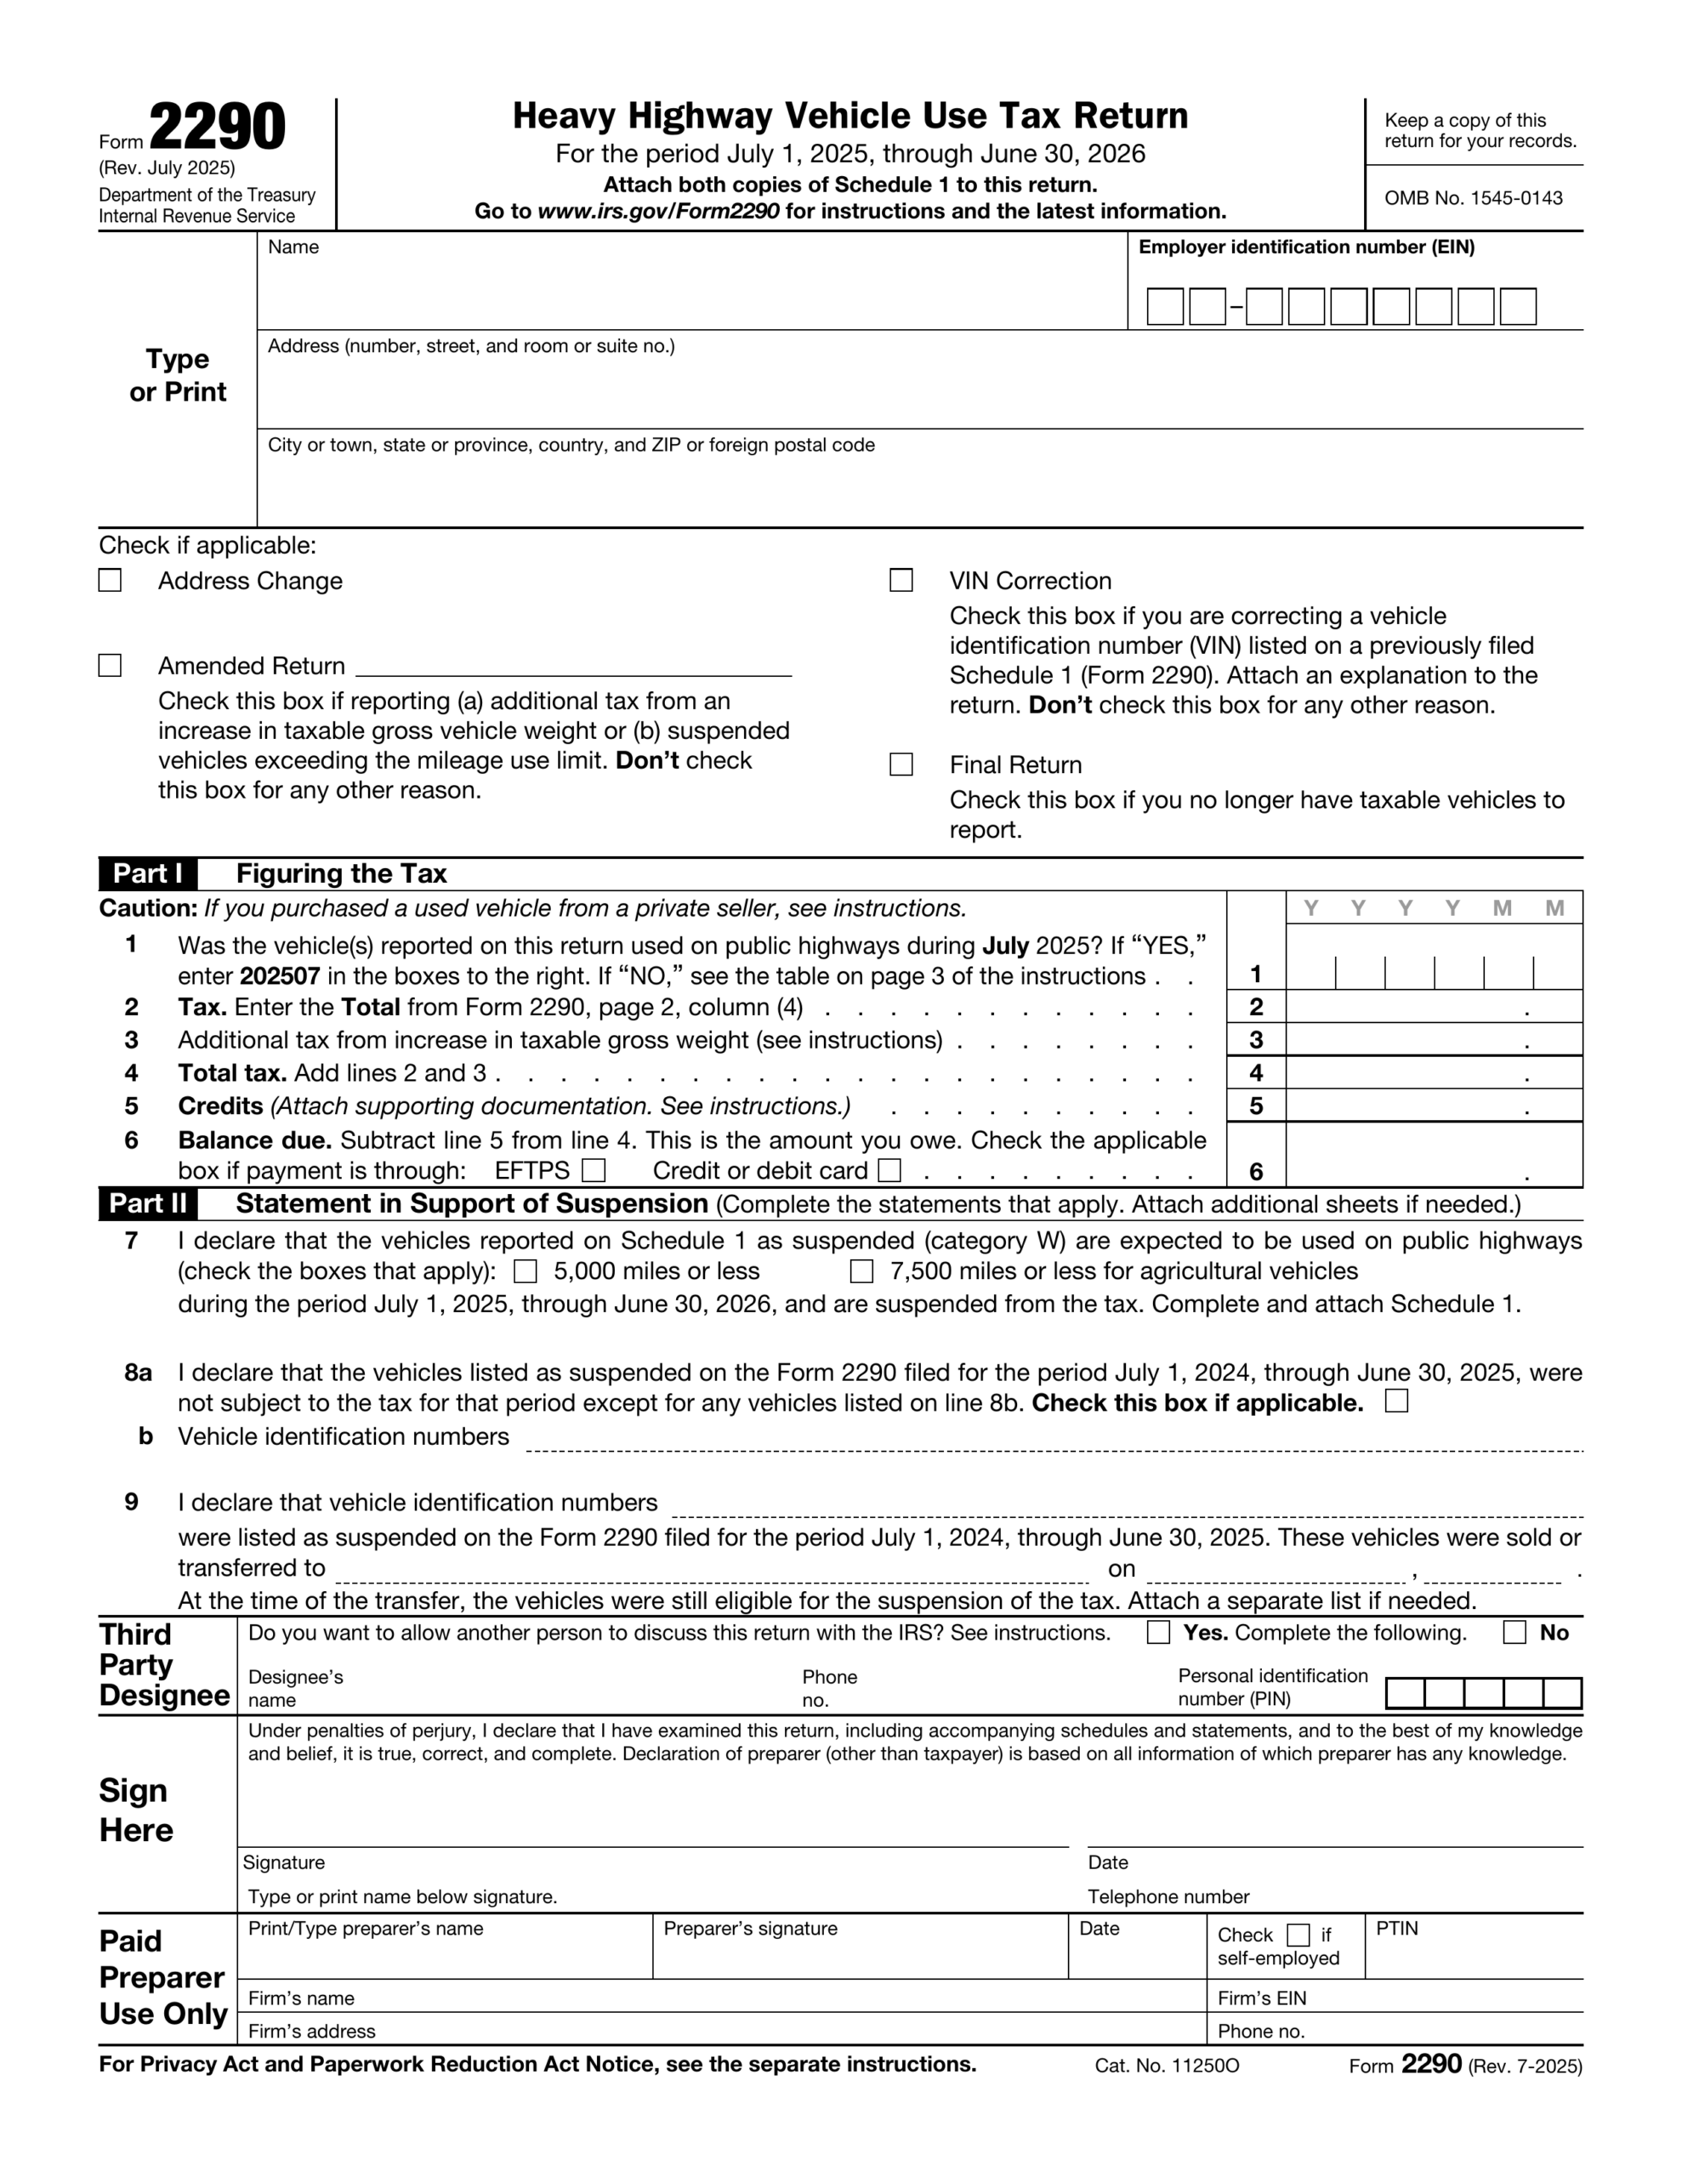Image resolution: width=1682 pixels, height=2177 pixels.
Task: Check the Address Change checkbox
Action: [110, 580]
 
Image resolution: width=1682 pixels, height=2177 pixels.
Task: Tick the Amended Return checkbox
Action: [110, 665]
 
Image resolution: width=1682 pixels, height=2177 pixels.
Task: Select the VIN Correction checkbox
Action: [901, 580]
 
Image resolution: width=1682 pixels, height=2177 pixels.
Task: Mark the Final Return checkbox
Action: [901, 765]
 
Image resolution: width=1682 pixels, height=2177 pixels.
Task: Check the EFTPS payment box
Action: [594, 1170]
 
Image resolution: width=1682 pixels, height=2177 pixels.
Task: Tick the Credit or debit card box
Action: [889, 1170]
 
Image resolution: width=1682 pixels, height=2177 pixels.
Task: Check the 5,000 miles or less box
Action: [526, 1271]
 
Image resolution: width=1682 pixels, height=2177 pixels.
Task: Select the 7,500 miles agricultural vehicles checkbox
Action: [861, 1271]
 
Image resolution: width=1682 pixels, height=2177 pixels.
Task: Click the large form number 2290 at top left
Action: [218, 128]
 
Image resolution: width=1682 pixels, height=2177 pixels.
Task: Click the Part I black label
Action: [148, 874]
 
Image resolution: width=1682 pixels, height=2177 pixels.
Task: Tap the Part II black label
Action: [148, 1204]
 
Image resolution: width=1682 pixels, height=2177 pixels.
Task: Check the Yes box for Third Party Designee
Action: [1157, 1633]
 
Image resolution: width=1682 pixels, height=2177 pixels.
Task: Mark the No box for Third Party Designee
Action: [1514, 1633]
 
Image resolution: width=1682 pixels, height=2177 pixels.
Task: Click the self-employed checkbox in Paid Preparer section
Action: [1298, 1935]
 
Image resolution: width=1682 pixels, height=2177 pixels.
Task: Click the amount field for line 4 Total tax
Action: [1433, 1072]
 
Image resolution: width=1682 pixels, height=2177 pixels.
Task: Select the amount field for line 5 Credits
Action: [1433, 1106]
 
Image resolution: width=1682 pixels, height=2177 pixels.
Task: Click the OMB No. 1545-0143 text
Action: [1473, 198]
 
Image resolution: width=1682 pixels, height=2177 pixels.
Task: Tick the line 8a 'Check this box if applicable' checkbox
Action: [1397, 1401]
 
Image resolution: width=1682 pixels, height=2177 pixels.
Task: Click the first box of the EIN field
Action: [1164, 306]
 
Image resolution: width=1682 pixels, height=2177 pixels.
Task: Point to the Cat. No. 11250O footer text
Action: [1167, 2066]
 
